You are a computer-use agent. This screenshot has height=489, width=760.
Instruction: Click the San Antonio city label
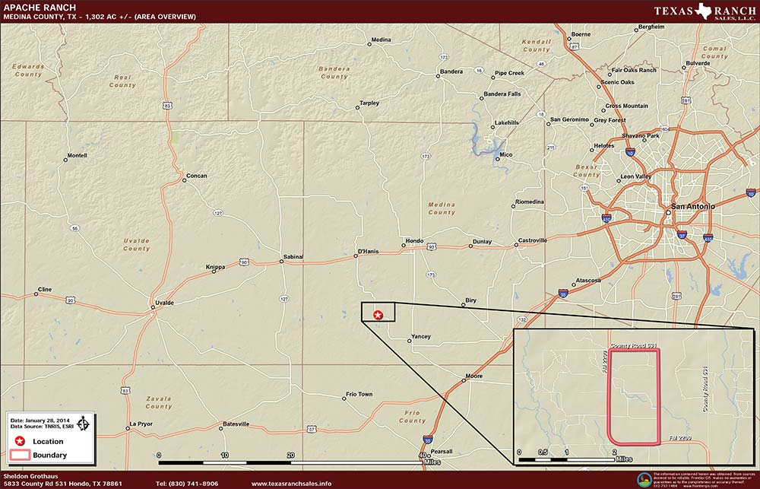[690, 207]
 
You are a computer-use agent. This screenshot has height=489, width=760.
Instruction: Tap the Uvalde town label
[164, 303]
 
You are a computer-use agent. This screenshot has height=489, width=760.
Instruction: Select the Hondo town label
[414, 241]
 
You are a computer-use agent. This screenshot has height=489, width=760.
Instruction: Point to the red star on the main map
[378, 314]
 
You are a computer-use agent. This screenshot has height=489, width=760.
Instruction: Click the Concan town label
[196, 176]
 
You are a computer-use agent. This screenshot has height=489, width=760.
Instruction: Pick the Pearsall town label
[442, 451]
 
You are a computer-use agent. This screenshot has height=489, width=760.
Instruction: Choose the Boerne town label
[581, 34]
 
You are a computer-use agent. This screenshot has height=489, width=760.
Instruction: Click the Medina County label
[442, 208]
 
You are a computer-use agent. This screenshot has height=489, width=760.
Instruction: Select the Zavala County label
[159, 402]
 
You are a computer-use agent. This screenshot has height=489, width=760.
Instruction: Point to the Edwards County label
[28, 70]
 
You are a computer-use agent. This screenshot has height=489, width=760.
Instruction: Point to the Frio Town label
[359, 394]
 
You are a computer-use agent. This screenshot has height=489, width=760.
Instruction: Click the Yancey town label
[420, 336]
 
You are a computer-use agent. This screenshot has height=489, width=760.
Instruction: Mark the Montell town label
[77, 155]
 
